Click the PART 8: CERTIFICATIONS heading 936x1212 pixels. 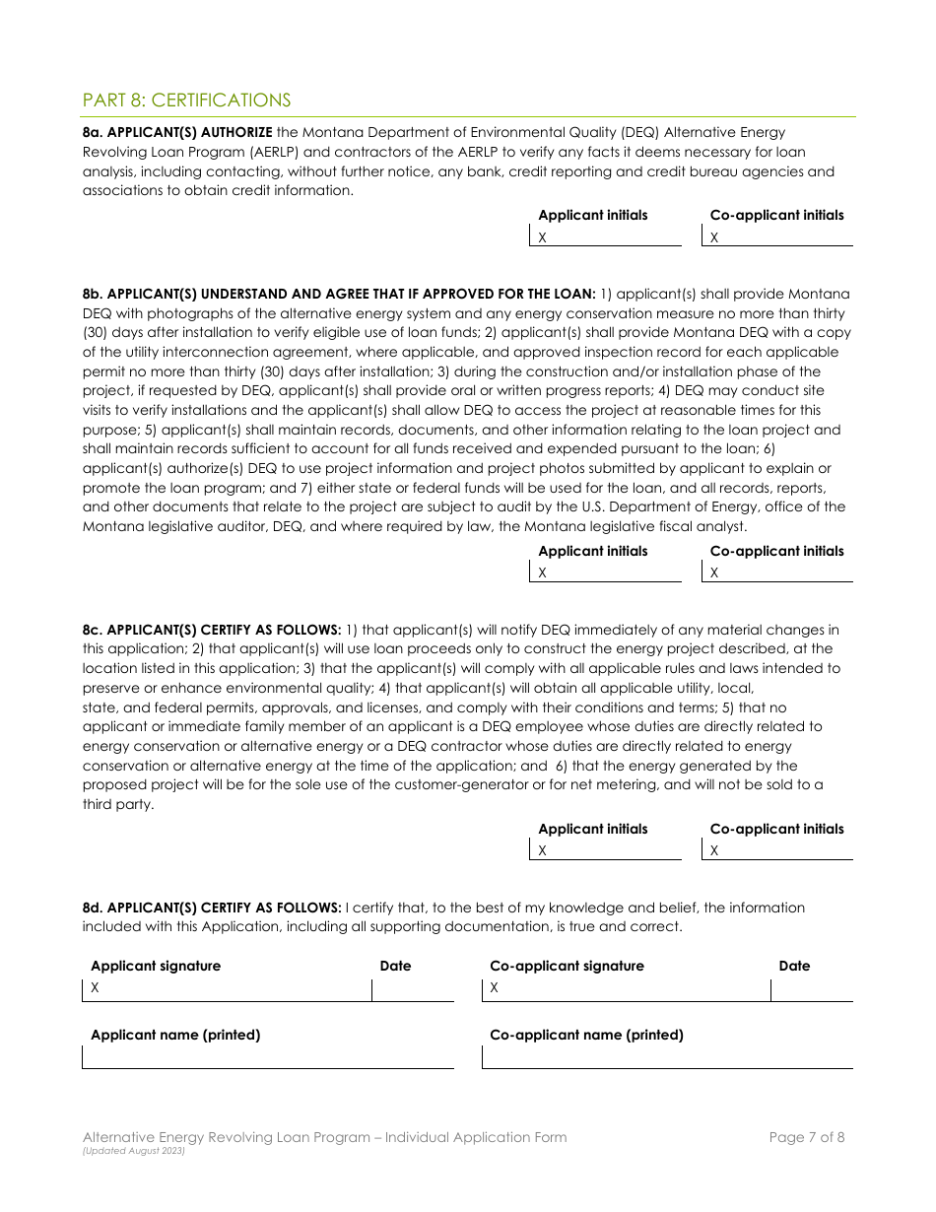pyautogui.click(x=186, y=101)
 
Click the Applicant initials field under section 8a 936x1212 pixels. pyautogui.click(x=606, y=237)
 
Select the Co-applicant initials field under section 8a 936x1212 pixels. pyautogui.click(x=777, y=237)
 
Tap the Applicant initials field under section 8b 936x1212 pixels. pyautogui.click(x=606, y=572)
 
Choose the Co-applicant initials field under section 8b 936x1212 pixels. pyautogui.click(x=777, y=572)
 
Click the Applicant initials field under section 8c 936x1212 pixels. pyautogui.click(x=606, y=850)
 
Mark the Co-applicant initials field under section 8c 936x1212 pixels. pyautogui.click(x=777, y=850)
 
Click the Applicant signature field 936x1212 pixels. pyautogui.click(x=228, y=988)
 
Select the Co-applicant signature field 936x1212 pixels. pyautogui.click(x=627, y=988)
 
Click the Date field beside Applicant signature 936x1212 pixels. pyautogui.click(x=413, y=988)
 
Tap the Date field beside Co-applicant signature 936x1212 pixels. pyautogui.click(x=812, y=988)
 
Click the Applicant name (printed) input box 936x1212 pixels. pyautogui.click(x=268, y=1057)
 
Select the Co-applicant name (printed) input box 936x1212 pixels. pyautogui.click(x=667, y=1057)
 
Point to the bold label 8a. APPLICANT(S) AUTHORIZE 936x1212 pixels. pyautogui.click(x=177, y=132)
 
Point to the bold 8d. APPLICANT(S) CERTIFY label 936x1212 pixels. pyautogui.click(x=212, y=908)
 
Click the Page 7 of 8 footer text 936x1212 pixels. pyautogui.click(x=806, y=1137)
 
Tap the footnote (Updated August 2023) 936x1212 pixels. pyautogui.click(x=134, y=1151)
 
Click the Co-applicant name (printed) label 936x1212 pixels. pyautogui.click(x=586, y=1035)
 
